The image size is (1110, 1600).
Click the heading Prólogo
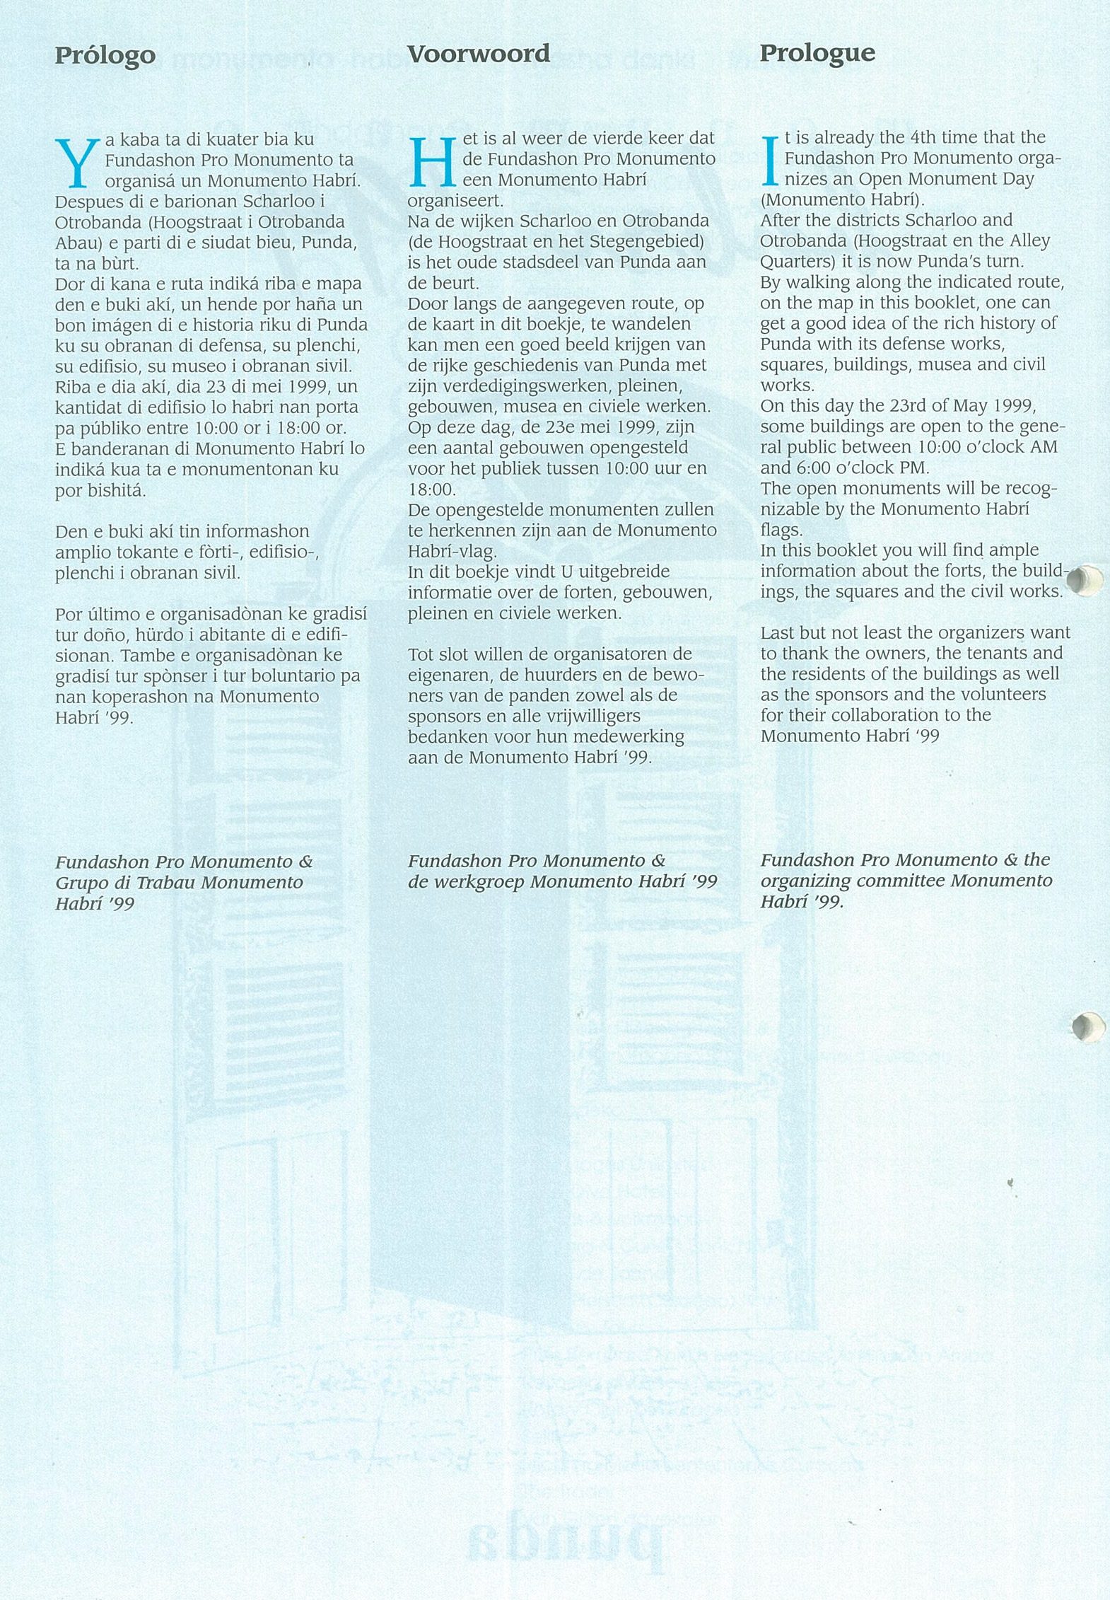[105, 56]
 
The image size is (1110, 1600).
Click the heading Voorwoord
[479, 54]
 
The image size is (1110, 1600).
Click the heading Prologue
[817, 53]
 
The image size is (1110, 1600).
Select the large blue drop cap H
[432, 161]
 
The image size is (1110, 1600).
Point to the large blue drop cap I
[770, 160]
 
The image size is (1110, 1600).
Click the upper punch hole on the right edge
[1085, 580]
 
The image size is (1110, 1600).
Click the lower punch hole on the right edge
[1087, 1027]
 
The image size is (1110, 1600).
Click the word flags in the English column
[781, 530]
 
